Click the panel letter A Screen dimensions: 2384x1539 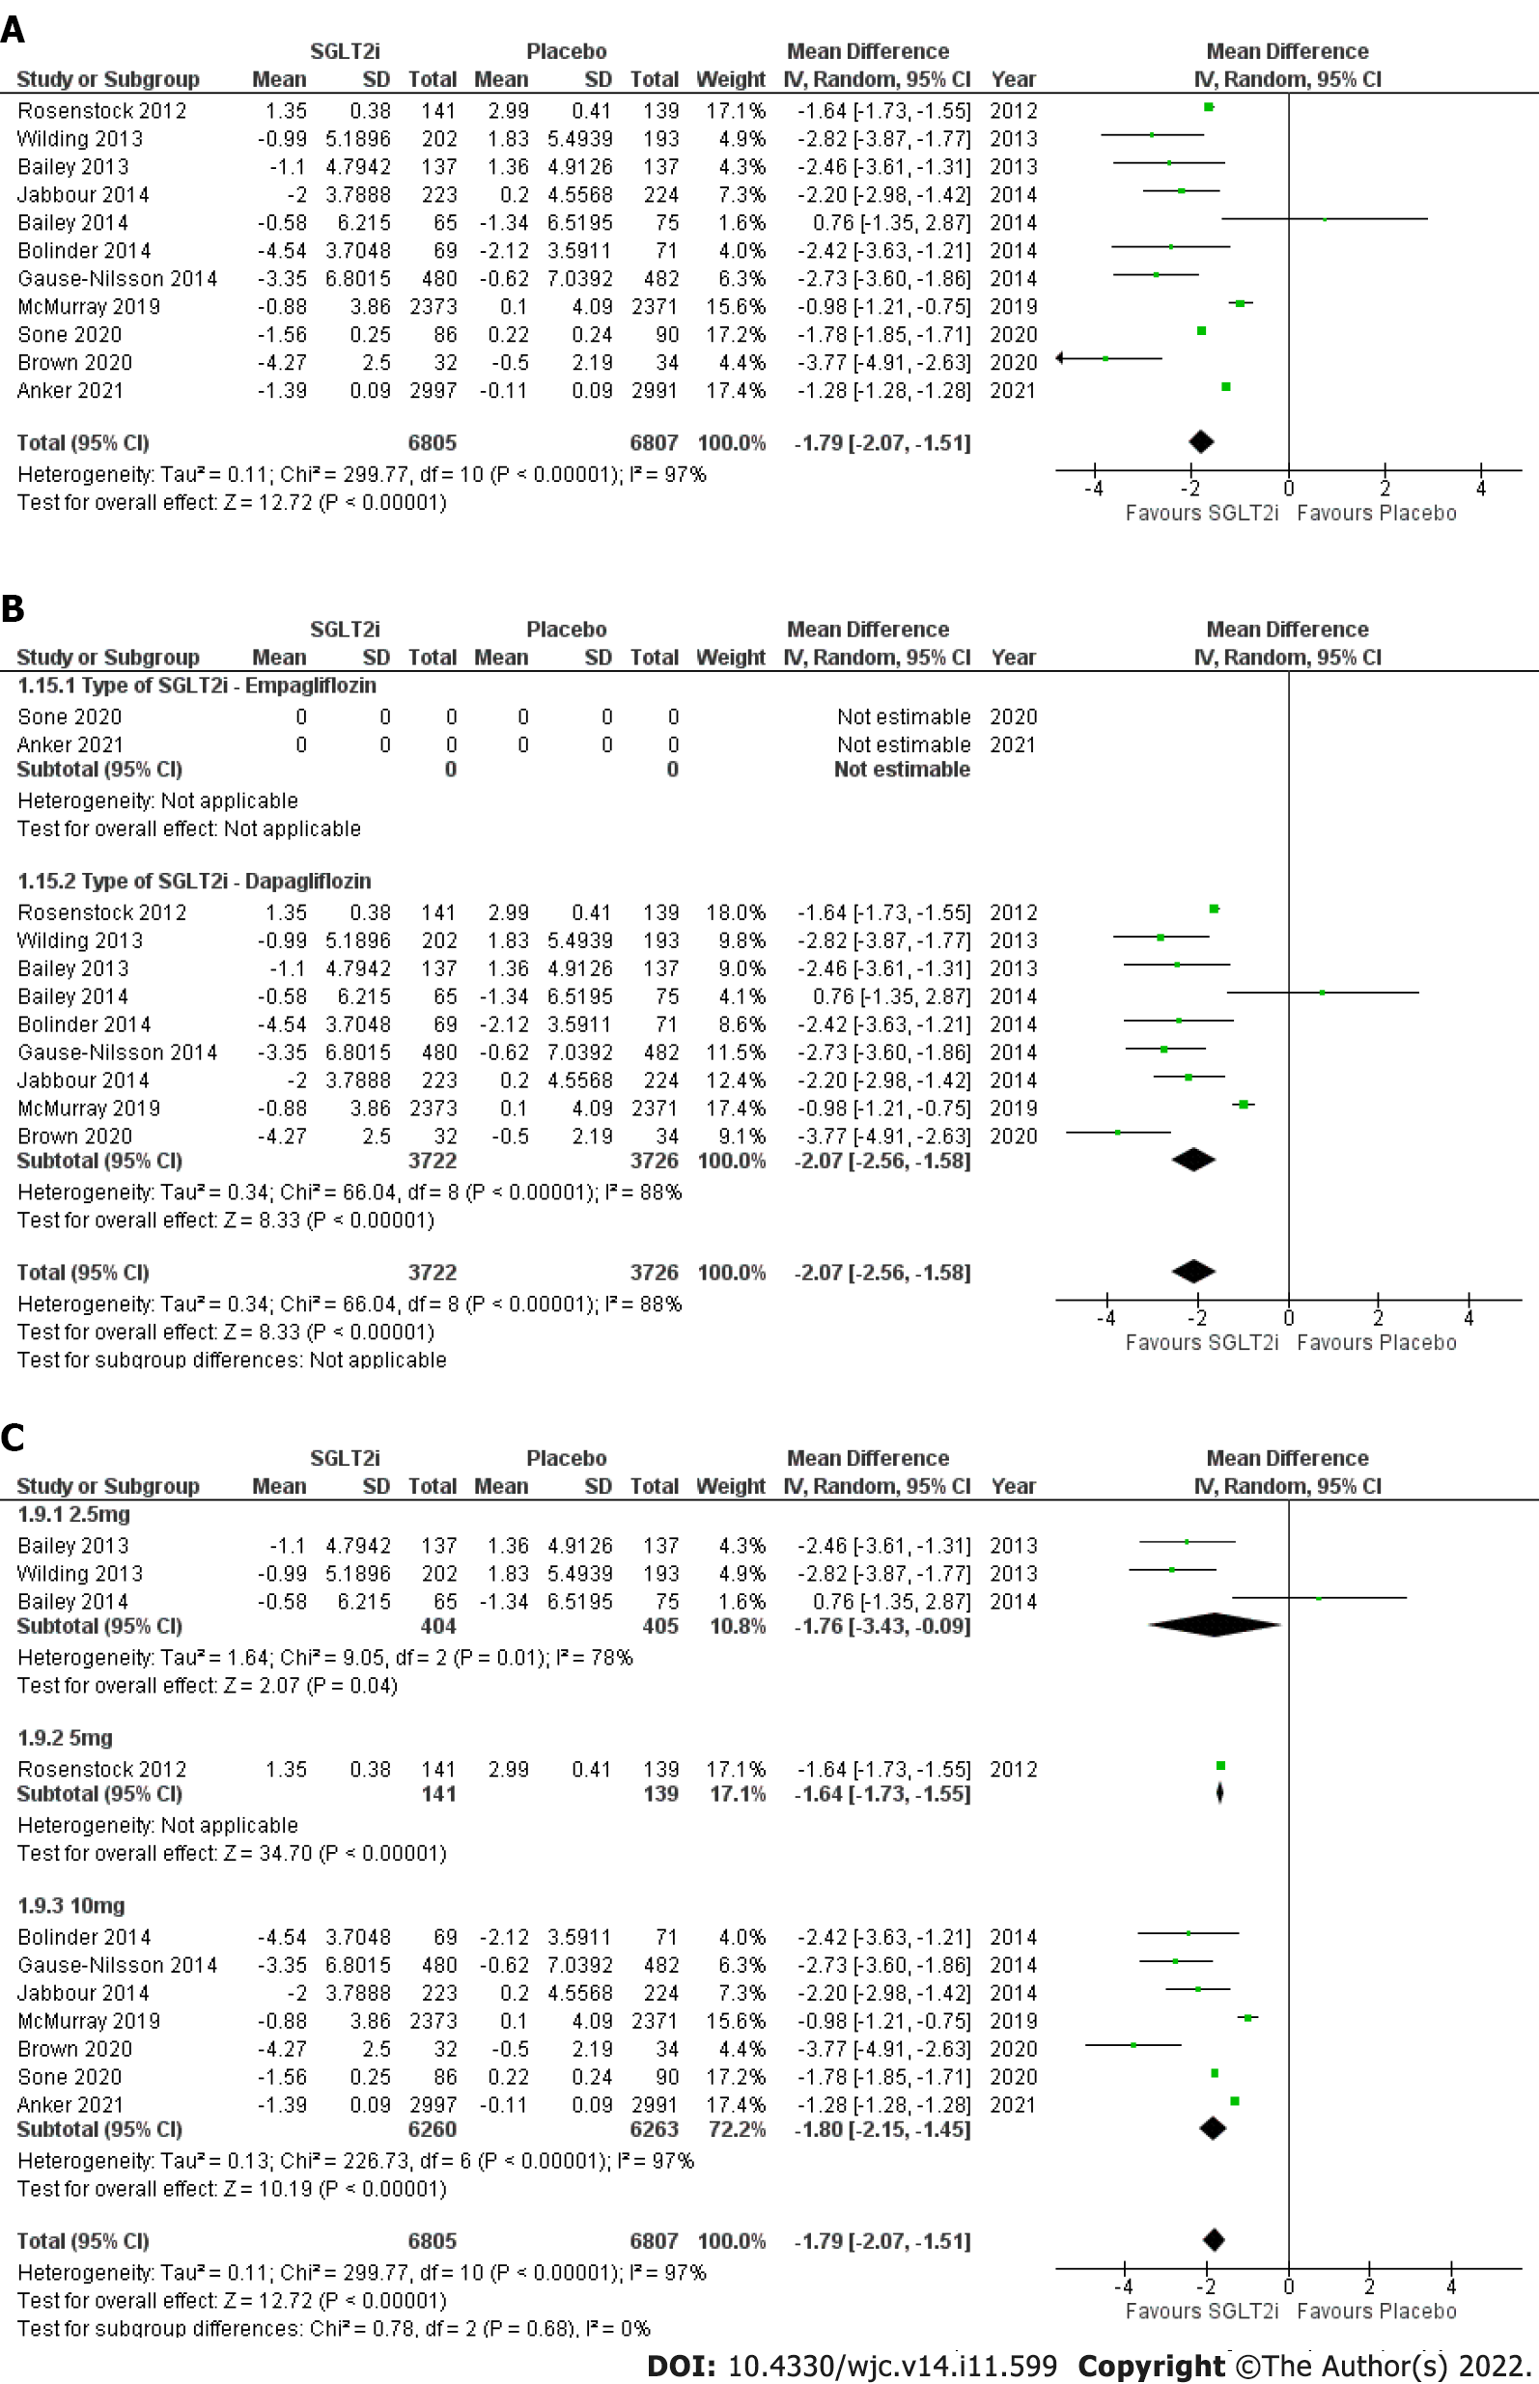(13, 29)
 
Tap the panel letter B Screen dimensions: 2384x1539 (13, 607)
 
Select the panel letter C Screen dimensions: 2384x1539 (13, 1437)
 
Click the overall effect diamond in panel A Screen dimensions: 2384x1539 (1200, 440)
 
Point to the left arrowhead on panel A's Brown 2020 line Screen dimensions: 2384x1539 (1060, 357)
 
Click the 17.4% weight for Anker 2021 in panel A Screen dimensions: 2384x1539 (735, 391)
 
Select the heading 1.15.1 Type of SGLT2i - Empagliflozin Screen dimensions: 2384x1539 (197, 686)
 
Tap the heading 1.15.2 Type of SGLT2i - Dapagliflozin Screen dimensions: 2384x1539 (194, 881)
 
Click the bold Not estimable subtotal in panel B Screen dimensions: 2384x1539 (902, 770)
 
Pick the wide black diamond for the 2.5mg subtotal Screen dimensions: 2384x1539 (1215, 1625)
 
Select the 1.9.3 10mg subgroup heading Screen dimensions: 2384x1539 (70, 1905)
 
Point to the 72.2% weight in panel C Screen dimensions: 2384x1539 (737, 2129)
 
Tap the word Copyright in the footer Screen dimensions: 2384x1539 (1151, 2366)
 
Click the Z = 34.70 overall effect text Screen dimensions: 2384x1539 (232, 1854)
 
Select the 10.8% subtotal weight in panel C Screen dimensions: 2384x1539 (737, 1626)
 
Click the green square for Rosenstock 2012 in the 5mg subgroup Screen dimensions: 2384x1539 (1220, 1765)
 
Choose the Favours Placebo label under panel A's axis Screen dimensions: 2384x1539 (1376, 514)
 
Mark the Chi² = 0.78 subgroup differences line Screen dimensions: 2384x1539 (334, 2328)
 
